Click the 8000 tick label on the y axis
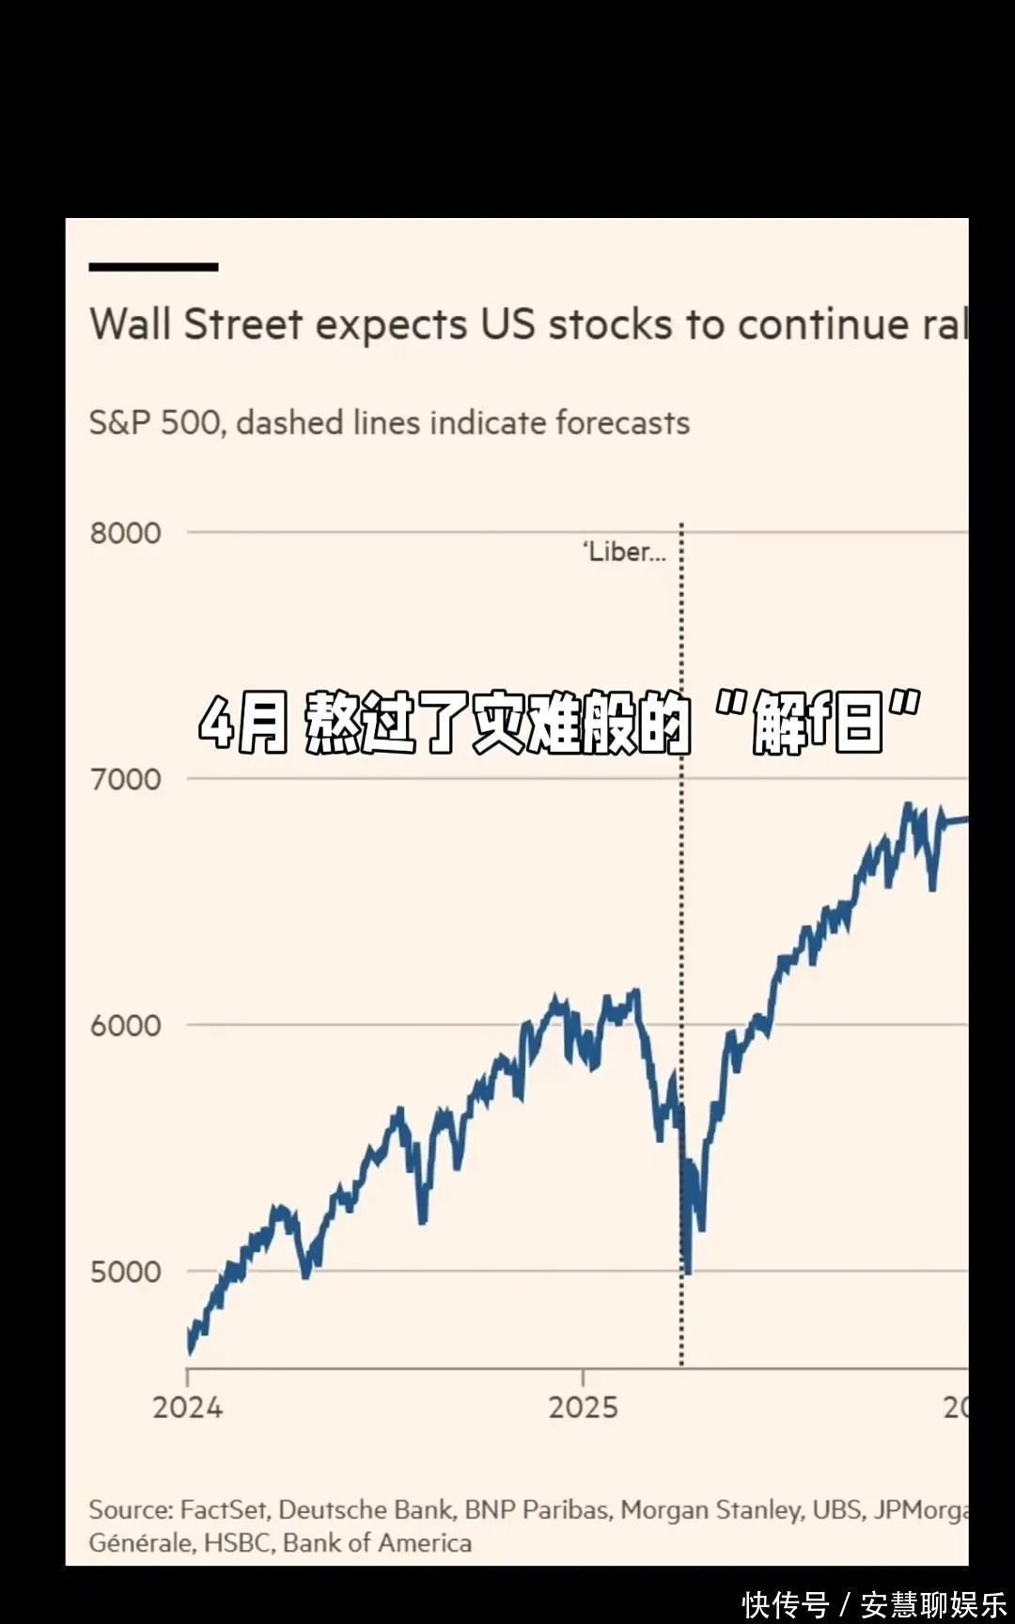(x=125, y=533)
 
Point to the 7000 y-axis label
(x=125, y=779)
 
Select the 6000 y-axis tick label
(x=125, y=1025)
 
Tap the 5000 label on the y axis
(x=125, y=1272)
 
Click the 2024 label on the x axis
(x=188, y=1407)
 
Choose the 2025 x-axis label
(x=583, y=1407)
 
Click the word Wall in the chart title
(x=131, y=324)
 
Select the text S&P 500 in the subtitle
(x=156, y=423)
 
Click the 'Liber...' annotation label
(x=624, y=552)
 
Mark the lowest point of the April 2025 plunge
(x=688, y=1273)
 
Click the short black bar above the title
(x=153, y=267)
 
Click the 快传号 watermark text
(x=786, y=1604)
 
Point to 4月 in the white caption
(x=242, y=724)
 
